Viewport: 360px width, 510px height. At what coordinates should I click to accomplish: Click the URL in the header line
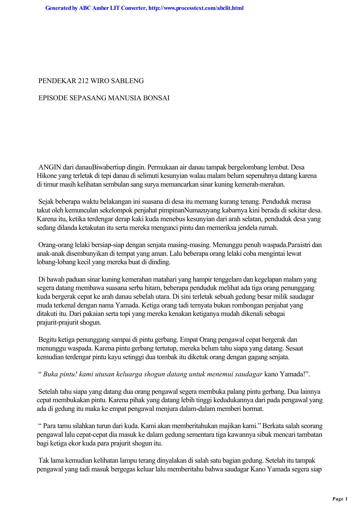click(x=196, y=8)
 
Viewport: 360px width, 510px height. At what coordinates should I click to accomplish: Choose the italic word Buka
click(x=50, y=374)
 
